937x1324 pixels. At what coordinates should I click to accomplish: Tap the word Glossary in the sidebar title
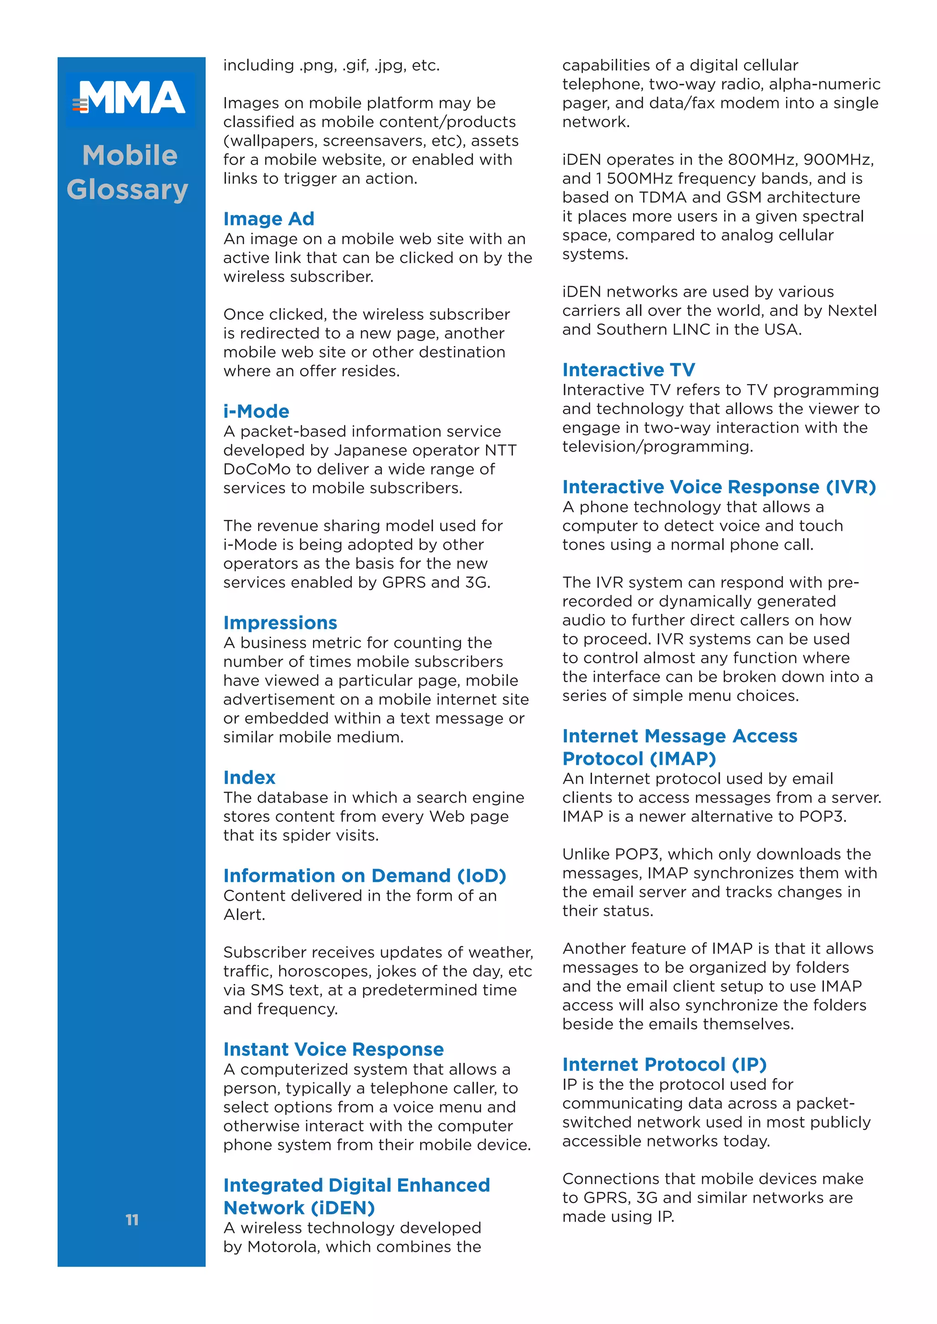[128, 190]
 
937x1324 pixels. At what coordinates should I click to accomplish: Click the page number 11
[132, 1220]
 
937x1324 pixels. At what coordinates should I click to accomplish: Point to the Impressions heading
[280, 623]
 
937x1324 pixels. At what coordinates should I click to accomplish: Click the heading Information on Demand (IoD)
[364, 876]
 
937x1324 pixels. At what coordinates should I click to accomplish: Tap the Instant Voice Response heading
[334, 1050]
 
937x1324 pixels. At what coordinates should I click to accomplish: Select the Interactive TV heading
[628, 370]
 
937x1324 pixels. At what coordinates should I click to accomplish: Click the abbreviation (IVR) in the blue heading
[851, 487]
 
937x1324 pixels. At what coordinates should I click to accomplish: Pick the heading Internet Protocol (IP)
[664, 1064]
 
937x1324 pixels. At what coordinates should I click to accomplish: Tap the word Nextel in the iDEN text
[851, 311]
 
